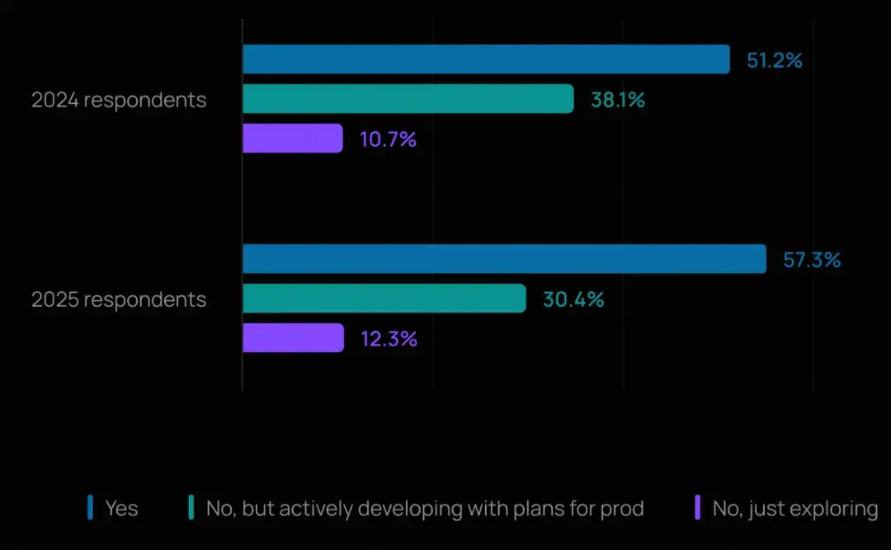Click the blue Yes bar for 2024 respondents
coord(486,59)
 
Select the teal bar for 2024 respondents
coord(408,99)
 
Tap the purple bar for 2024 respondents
coord(292,139)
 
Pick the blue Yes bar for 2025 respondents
coord(504,259)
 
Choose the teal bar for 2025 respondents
coord(384,299)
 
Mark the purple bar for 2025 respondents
coord(293,338)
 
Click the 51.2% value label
coord(775,60)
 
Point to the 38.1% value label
coord(617,100)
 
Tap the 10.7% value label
coord(388,139)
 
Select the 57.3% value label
coord(812,260)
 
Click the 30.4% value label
coord(573,299)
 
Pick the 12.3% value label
coord(389,339)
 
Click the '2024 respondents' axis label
coord(119,100)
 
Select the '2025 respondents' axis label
coord(119,299)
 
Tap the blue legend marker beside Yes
coord(91,508)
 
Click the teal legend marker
coord(191,508)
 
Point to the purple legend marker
coord(698,508)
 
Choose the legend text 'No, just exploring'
coord(794,509)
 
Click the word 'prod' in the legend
coord(621,509)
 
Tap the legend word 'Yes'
coord(121,509)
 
